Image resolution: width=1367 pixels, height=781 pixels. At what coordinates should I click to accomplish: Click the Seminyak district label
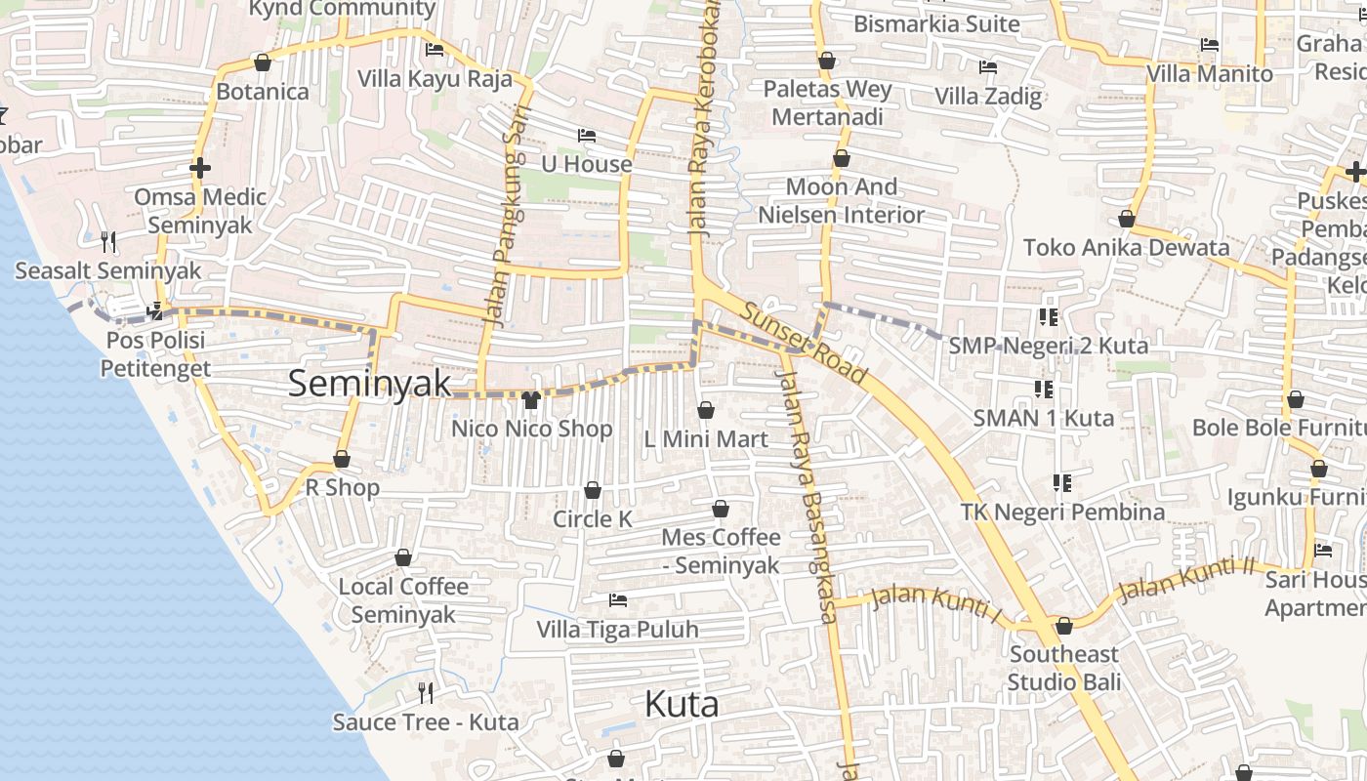pyautogui.click(x=370, y=383)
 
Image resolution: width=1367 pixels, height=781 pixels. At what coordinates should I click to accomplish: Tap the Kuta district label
pyautogui.click(x=683, y=704)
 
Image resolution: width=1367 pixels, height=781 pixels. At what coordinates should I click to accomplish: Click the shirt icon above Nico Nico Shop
pyautogui.click(x=531, y=399)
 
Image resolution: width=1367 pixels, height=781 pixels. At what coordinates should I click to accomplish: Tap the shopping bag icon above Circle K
pyautogui.click(x=593, y=490)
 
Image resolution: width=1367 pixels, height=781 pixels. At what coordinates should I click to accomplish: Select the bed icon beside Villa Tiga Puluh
pyautogui.click(x=617, y=599)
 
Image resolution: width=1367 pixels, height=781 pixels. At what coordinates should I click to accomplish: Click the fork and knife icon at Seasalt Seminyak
pyautogui.click(x=108, y=241)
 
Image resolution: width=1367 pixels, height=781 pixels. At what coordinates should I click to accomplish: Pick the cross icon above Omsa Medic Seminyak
pyautogui.click(x=200, y=168)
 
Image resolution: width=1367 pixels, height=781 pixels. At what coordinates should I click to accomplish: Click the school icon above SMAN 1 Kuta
pyautogui.click(x=1044, y=390)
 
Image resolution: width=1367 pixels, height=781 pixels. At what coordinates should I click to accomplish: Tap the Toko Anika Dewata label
pyautogui.click(x=1126, y=247)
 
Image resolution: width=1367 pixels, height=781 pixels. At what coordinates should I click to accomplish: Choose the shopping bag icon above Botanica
pyautogui.click(x=262, y=63)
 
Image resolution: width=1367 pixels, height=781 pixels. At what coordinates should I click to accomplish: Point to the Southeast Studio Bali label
pyautogui.click(x=1063, y=668)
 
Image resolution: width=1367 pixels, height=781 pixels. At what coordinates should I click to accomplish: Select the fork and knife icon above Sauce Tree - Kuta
pyautogui.click(x=426, y=693)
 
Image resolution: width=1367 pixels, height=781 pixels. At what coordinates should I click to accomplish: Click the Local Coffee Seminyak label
pyautogui.click(x=403, y=600)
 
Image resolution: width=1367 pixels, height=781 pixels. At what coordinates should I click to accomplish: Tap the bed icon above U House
pyautogui.click(x=587, y=135)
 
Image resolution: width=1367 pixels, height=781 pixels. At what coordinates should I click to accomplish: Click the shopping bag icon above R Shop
pyautogui.click(x=342, y=459)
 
